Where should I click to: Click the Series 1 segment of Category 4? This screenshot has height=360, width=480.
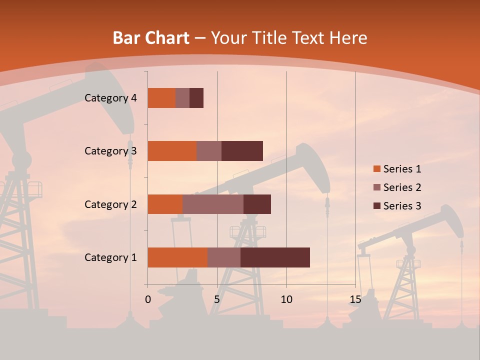161,98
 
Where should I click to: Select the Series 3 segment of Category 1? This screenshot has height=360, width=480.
275,257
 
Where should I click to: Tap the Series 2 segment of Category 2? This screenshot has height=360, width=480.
213,204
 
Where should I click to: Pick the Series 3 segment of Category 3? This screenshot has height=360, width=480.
242,151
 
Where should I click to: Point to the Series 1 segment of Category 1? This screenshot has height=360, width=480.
177,257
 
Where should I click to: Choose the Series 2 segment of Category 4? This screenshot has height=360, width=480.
182,98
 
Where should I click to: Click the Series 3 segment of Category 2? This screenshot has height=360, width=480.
257,204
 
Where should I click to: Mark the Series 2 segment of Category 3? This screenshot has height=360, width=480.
209,151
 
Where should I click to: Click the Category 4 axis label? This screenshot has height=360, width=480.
110,98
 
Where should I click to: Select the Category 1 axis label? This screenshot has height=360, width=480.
110,257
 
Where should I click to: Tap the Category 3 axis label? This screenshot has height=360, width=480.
110,151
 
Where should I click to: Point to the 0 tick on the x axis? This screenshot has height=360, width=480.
148,299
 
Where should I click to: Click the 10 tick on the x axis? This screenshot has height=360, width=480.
286,299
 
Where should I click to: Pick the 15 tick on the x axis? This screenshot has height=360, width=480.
355,299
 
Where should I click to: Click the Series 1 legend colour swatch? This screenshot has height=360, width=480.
376,169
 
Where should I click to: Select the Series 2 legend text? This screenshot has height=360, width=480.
402,187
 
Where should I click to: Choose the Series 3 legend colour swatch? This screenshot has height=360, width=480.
376,206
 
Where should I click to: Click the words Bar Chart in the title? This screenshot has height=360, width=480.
151,38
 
